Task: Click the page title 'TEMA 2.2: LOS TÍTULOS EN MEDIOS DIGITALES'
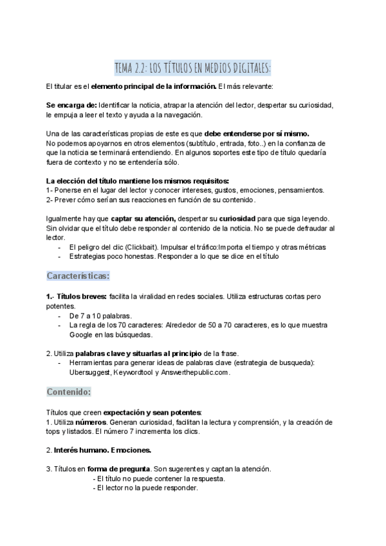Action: click(x=192, y=68)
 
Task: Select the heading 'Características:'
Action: click(x=78, y=276)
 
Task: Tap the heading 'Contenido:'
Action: click(x=69, y=391)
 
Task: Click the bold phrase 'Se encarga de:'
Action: click(x=72, y=105)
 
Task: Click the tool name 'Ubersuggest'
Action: click(x=90, y=372)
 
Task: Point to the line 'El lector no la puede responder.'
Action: click(x=145, y=487)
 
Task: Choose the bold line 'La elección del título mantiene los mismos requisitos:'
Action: click(x=138, y=181)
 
